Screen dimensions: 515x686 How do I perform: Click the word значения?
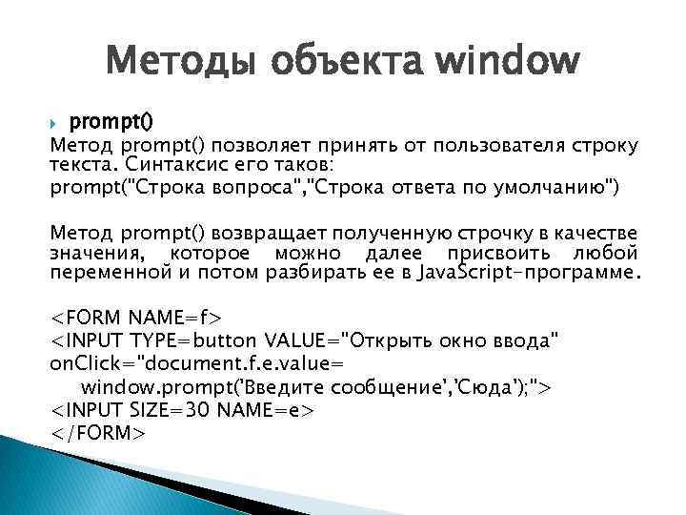point(95,253)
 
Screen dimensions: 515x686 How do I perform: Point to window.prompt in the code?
point(144,386)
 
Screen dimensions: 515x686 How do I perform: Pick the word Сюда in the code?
point(488,386)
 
